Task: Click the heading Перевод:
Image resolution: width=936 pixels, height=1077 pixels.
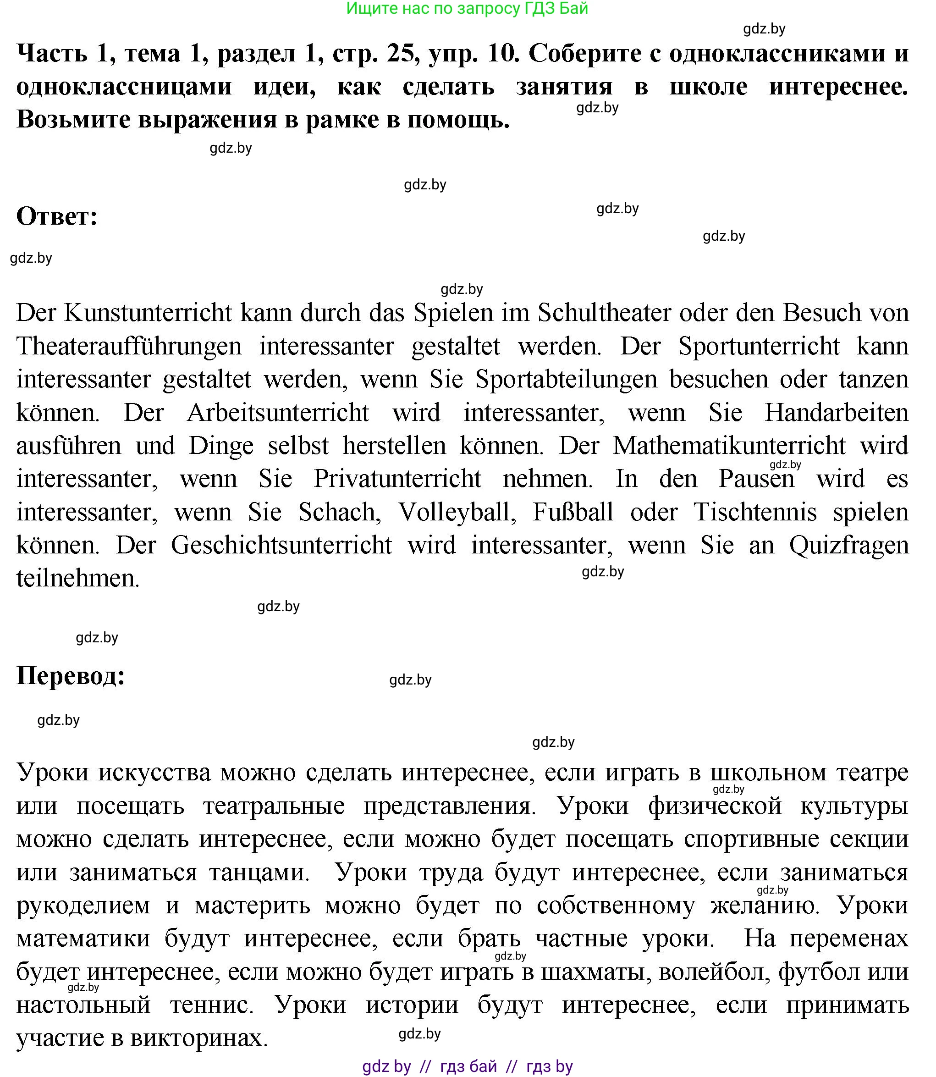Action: (71, 676)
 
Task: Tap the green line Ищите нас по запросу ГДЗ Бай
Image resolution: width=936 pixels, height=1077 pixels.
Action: (467, 8)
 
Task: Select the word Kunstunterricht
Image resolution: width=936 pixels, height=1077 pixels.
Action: (148, 313)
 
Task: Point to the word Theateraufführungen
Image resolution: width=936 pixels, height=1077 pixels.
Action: (129, 347)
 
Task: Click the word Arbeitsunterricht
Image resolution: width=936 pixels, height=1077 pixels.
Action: (277, 413)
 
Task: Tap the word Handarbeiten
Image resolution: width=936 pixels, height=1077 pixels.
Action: (836, 413)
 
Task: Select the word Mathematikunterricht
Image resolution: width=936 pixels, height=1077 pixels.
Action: (729, 446)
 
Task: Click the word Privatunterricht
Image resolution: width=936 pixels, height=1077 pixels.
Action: (397, 479)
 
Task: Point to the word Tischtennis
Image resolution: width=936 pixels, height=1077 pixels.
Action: (755, 512)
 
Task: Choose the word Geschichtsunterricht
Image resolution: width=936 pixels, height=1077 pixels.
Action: (281, 545)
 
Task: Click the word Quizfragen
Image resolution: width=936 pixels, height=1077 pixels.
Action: (849, 545)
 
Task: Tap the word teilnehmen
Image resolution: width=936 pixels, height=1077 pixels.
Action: (77, 579)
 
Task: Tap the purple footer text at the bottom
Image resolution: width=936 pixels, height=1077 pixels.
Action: (468, 1066)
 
